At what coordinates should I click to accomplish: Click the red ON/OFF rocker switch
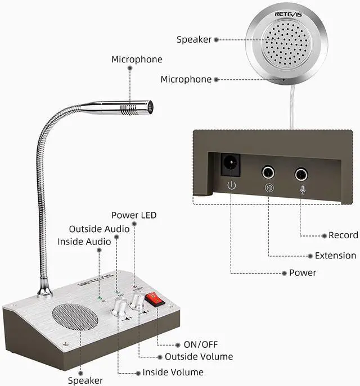(x=154, y=300)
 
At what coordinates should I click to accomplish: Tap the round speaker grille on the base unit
(x=69, y=324)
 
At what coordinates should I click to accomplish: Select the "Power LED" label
(x=134, y=215)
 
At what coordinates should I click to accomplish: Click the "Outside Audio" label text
(x=99, y=229)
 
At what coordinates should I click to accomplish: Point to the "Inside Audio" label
(x=84, y=242)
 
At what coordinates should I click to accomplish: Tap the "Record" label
(x=343, y=235)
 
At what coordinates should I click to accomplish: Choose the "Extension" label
(x=336, y=256)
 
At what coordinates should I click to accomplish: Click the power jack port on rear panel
(x=229, y=164)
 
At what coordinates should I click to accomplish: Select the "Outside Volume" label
(x=199, y=357)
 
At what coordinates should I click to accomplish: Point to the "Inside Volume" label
(x=173, y=372)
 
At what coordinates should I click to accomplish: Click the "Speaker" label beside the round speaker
(x=194, y=39)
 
